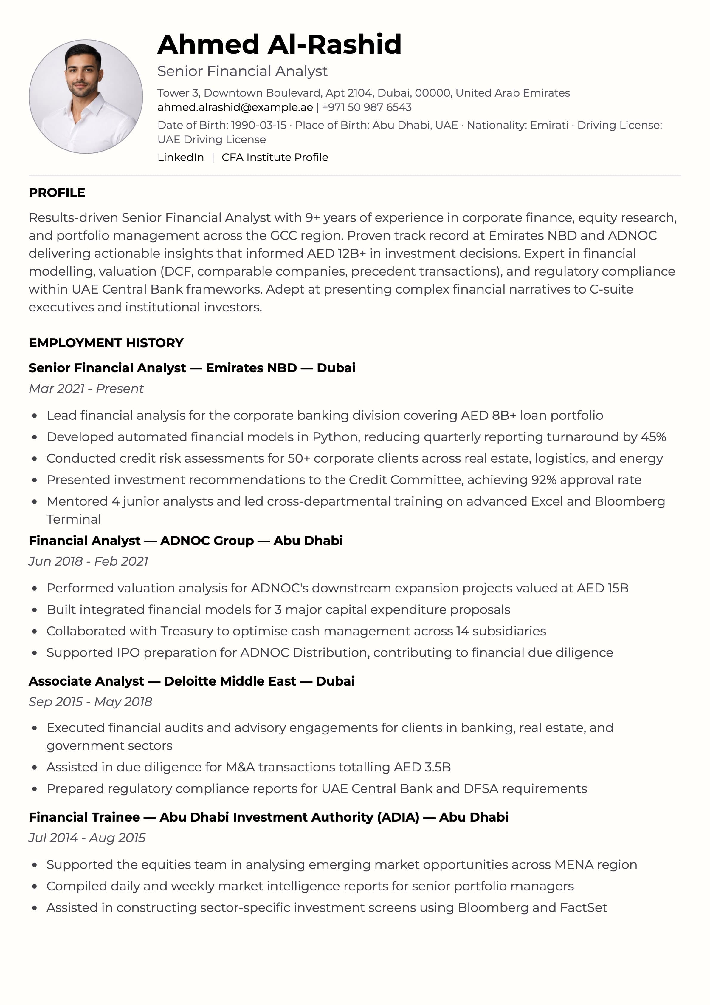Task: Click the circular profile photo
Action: [x=86, y=97]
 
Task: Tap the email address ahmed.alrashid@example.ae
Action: [x=235, y=107]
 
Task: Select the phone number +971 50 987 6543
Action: [x=367, y=107]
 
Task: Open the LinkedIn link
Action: [x=181, y=158]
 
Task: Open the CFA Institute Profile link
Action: [x=275, y=158]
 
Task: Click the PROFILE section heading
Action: [x=57, y=193]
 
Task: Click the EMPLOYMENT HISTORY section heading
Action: [x=106, y=343]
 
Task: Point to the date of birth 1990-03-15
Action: [x=258, y=125]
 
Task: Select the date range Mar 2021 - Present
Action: [x=86, y=389]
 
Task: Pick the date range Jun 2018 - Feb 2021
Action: [x=88, y=561]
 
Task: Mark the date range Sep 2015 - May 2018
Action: [x=90, y=702]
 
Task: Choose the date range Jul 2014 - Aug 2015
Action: [x=87, y=838]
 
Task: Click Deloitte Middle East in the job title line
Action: [x=230, y=681]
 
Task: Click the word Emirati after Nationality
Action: [x=549, y=125]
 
